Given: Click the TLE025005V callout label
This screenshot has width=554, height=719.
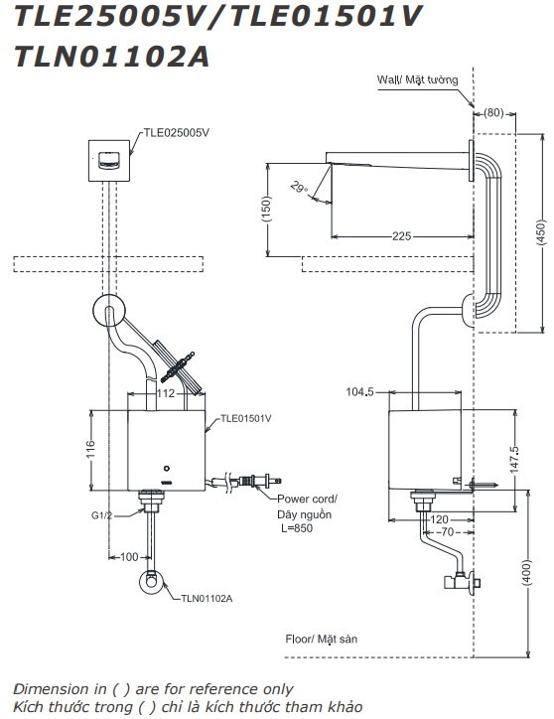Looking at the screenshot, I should click(x=178, y=129).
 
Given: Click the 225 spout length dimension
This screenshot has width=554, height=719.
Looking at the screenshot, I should click(x=402, y=236).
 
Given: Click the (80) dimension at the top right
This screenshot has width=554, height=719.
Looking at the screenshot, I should click(x=493, y=111).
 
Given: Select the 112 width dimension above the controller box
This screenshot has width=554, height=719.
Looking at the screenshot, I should click(x=167, y=394).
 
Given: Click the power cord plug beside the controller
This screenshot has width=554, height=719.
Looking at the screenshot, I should click(x=259, y=484).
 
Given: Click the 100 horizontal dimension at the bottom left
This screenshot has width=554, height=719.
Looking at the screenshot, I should click(x=129, y=557).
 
